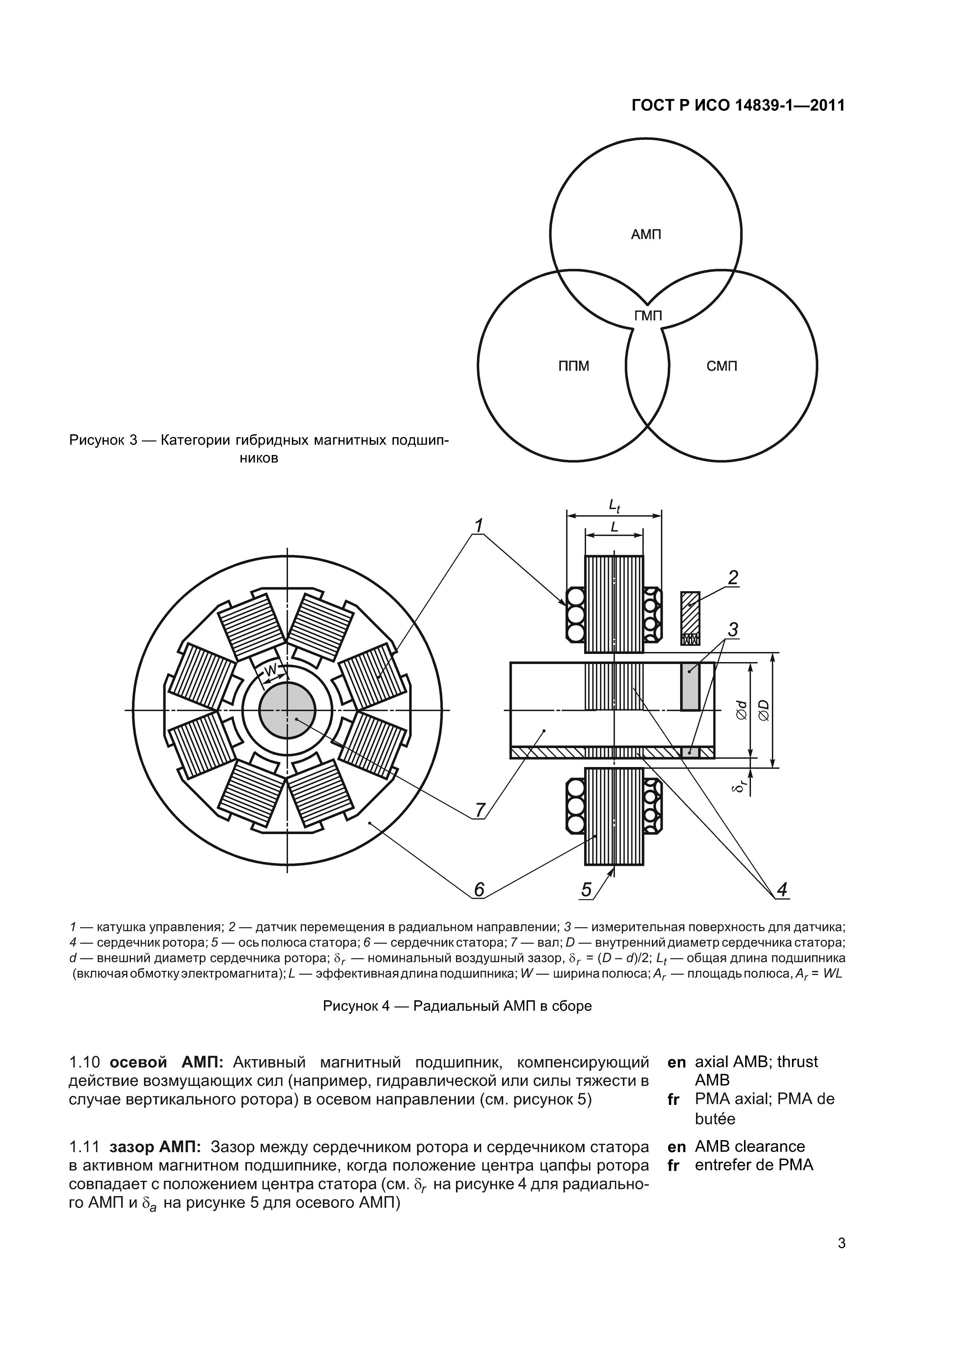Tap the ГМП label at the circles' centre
648,316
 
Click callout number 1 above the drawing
478,525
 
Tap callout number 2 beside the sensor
733,577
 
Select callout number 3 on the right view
733,630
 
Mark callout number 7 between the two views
480,809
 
